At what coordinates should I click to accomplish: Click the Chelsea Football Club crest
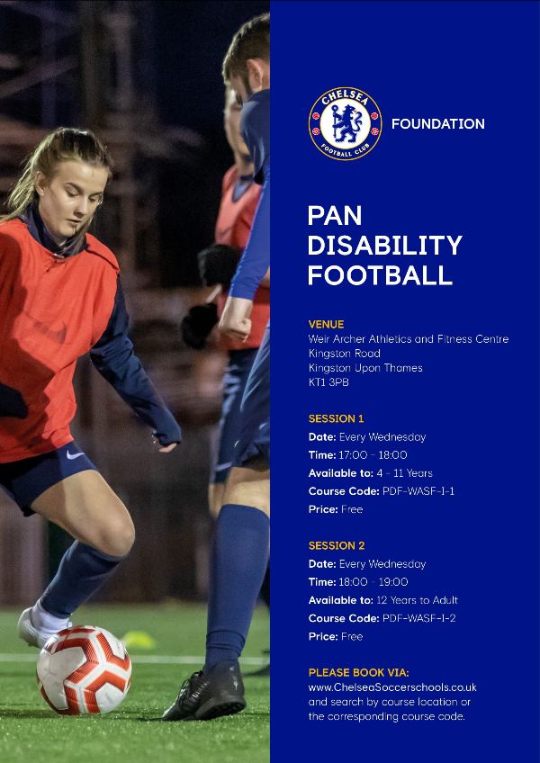coord(346,123)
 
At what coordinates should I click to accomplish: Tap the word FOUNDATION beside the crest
coord(437,124)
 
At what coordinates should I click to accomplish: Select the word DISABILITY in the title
coord(384,246)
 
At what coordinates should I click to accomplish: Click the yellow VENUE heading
coord(326,324)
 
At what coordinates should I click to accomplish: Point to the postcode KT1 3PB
coord(328,382)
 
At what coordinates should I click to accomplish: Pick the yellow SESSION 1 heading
coord(336,418)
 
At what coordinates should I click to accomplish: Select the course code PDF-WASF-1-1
coord(418,491)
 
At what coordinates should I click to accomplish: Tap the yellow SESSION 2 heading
coord(337,546)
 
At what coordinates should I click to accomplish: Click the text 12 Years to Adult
coord(418,600)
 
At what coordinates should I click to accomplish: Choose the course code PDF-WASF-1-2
coord(419,618)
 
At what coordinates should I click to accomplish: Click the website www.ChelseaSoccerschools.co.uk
coord(392,687)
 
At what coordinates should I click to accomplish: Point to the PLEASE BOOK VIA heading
coord(359,673)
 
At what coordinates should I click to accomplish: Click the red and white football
coord(85,669)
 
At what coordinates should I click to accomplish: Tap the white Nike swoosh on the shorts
coord(75,455)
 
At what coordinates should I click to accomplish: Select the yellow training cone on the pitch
coord(139,640)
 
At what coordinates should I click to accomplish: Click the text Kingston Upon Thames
coord(365,368)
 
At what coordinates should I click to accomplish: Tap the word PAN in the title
coord(335,215)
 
